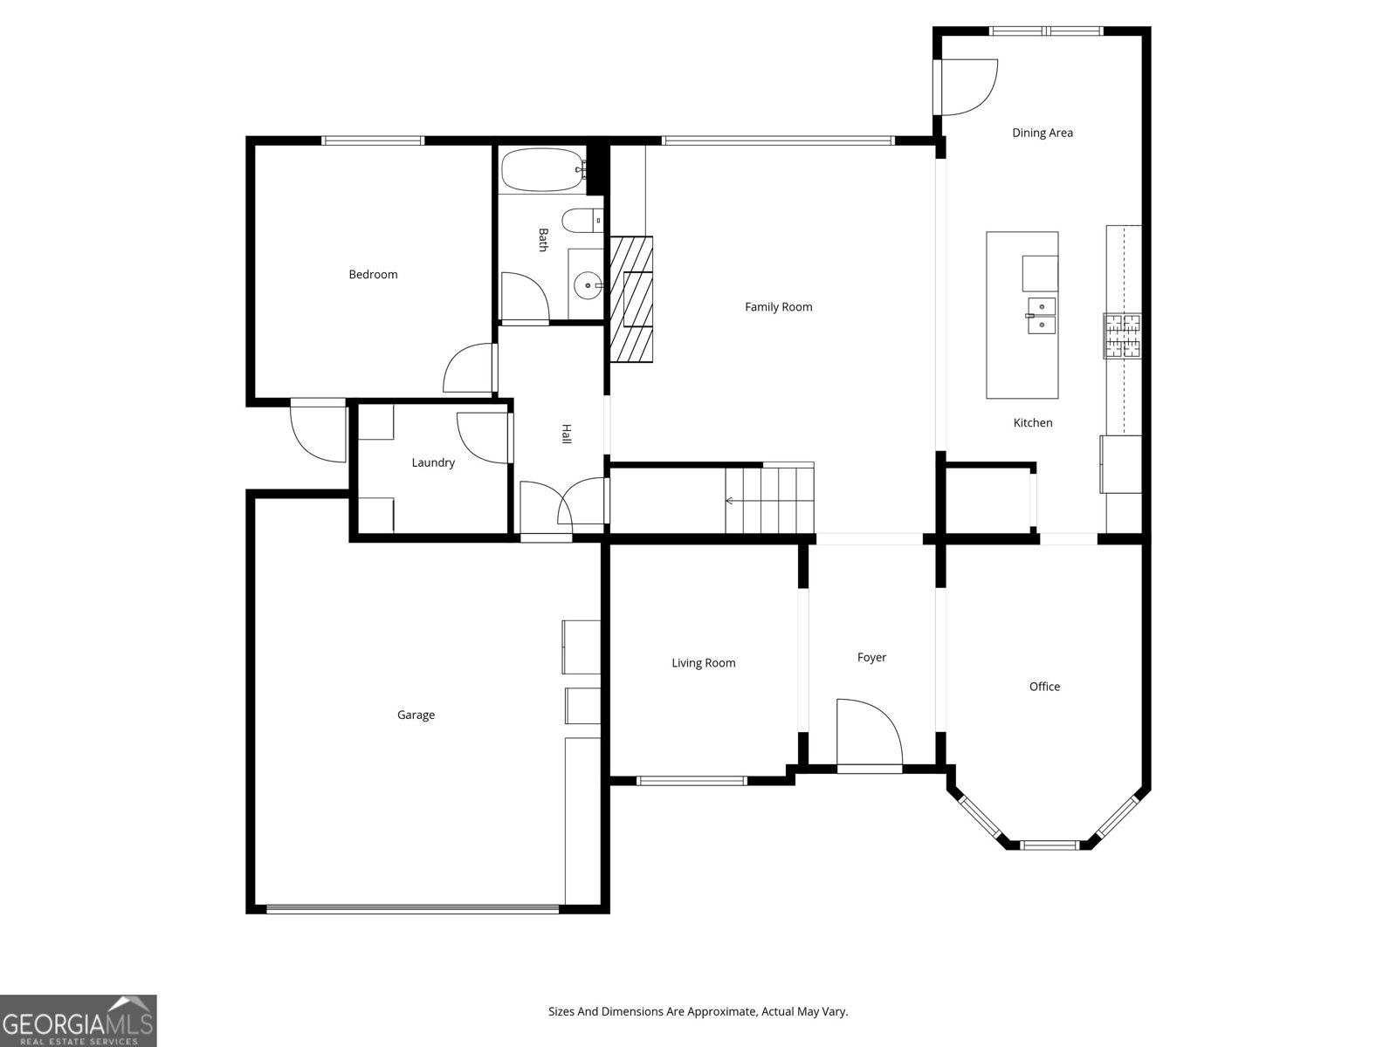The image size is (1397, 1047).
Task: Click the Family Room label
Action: pos(778,307)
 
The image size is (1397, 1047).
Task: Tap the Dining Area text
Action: pos(1043,133)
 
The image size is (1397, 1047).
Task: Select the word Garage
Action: pos(416,715)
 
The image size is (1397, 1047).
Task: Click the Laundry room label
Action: pos(433,462)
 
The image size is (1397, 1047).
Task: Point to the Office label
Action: pos(1044,687)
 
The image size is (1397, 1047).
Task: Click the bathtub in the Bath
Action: pos(543,170)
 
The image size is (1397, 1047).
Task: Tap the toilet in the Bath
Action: pos(581,222)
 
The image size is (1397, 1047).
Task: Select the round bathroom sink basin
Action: pos(588,284)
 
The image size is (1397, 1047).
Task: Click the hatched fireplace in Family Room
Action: pos(631,298)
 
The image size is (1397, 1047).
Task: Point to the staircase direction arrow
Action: pos(730,501)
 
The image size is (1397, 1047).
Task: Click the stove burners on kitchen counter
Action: pos(1123,336)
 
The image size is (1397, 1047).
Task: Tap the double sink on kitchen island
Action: pos(1041,315)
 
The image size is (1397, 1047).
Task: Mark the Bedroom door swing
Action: pos(469,369)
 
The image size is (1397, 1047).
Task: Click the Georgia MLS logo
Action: pos(79,1021)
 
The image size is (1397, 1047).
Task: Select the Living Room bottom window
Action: pos(691,781)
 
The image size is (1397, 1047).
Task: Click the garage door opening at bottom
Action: pos(412,909)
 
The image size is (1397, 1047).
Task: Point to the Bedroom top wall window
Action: pos(373,140)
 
